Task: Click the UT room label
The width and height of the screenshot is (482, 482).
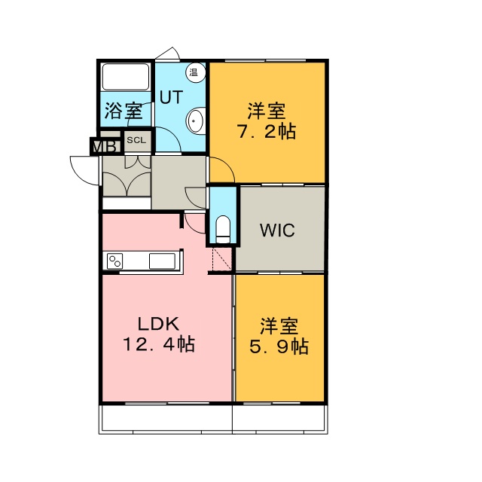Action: point(171,97)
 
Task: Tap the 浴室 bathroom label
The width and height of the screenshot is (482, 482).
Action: point(124,111)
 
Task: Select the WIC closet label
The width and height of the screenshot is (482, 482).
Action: point(277,230)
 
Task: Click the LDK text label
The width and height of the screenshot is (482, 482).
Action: point(158,324)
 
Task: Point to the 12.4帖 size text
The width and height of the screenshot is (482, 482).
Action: point(159,344)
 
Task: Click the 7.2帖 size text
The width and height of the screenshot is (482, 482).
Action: point(266,132)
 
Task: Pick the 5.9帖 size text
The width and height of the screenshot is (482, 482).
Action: point(279,346)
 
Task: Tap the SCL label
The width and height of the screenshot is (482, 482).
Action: point(136,140)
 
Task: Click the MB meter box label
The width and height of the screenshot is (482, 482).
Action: point(106,147)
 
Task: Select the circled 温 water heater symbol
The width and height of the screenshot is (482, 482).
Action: point(195,72)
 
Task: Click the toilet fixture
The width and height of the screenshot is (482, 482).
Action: point(223,230)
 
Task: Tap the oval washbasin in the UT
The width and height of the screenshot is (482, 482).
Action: point(196,120)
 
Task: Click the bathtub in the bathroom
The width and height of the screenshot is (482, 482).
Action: point(126,77)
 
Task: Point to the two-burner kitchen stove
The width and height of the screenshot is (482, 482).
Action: point(114,261)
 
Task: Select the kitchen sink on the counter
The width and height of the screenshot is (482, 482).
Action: point(162,261)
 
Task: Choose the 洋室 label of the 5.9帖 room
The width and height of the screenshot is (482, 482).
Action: point(279,326)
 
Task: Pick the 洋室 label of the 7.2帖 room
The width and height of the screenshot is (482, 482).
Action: point(267,111)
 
